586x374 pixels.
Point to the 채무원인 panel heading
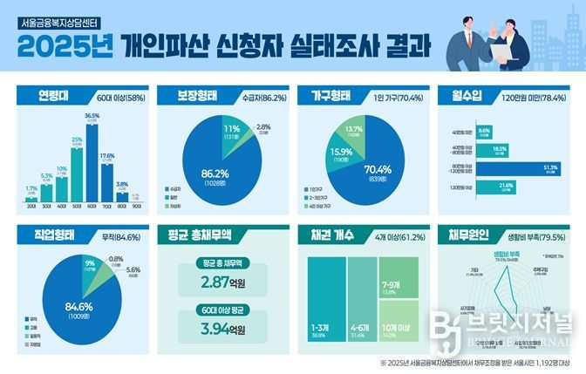[472, 235]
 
